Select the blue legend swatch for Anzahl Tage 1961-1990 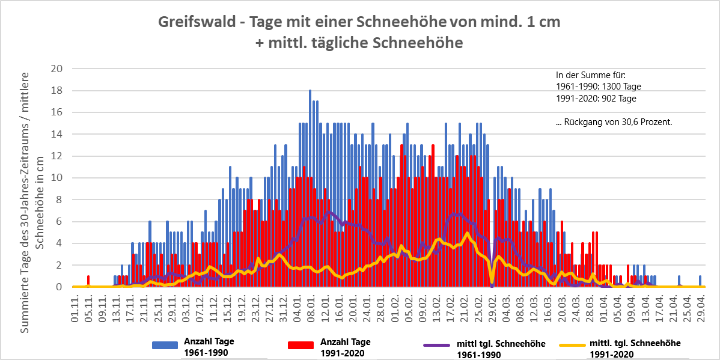click(x=166, y=345)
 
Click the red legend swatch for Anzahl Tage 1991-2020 click(x=301, y=345)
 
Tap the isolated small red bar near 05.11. click(x=88, y=281)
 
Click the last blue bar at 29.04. click(x=700, y=281)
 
